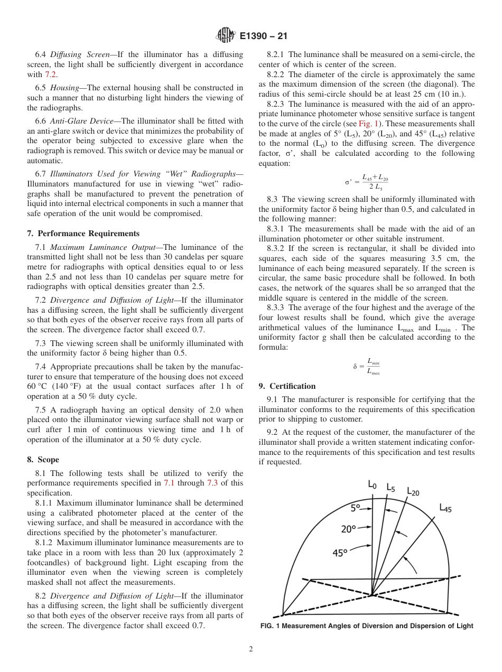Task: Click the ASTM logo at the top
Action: pos(226,36)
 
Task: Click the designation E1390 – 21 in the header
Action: pos(263,36)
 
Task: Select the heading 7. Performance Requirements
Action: pos(83,234)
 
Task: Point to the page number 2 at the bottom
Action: pos(251,649)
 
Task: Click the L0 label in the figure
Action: pos(372,484)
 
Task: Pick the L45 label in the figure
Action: pos(445,508)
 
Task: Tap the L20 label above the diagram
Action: pos(413,491)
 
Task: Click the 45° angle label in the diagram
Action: pos(340,553)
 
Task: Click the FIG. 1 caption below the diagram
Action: pos(367,626)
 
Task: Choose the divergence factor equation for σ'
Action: pos(366,182)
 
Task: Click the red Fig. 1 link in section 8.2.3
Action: pos(367,123)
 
